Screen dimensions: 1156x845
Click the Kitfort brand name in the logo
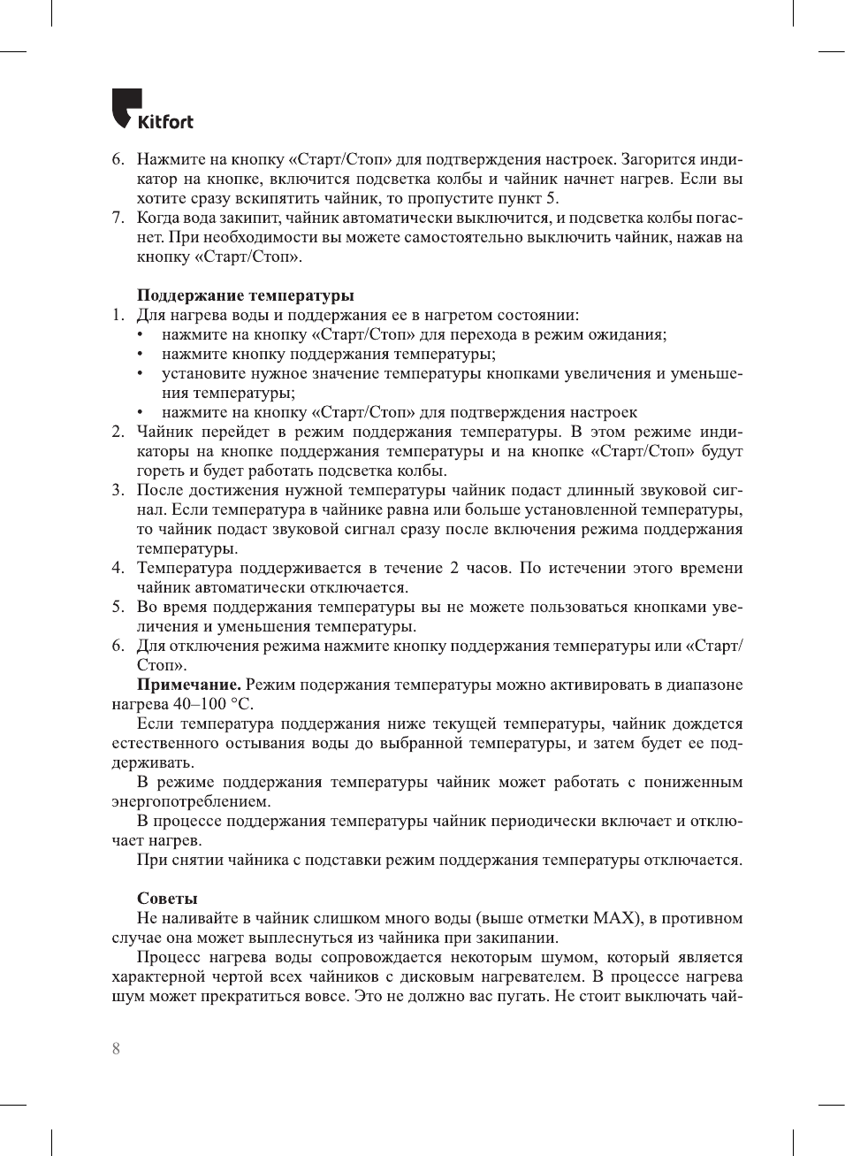pos(165,121)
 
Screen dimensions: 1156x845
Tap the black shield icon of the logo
pos(124,107)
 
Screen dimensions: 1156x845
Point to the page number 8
pos(116,1049)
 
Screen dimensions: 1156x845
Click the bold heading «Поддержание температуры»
pos(245,295)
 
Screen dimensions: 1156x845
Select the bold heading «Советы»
pos(167,899)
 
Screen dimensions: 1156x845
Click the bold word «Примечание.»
pos(188,685)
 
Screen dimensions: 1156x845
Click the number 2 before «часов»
pos(454,568)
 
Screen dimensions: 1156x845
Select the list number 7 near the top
pos(117,218)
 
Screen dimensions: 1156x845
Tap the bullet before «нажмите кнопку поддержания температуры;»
pos(140,354)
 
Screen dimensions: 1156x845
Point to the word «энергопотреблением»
pos(190,801)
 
